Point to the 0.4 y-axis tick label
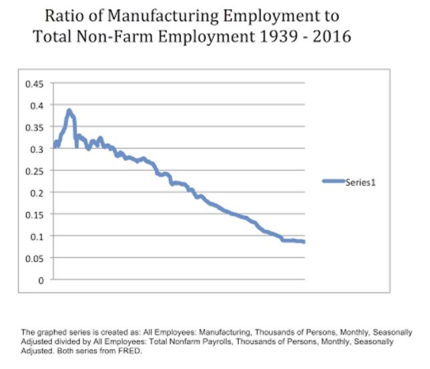[36, 106]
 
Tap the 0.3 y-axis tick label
[36, 149]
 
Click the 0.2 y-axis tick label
[36, 193]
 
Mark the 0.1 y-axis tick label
[36, 236]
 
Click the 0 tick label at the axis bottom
[41, 280]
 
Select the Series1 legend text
[361, 181]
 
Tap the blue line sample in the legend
[333, 181]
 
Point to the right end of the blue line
[304, 241]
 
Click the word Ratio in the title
[65, 15]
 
